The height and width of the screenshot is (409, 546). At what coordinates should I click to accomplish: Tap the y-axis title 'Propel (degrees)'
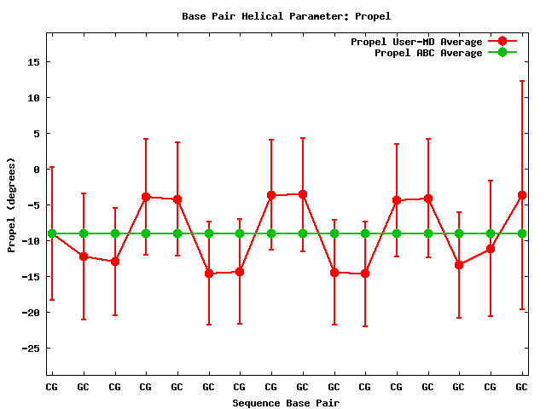[11, 204]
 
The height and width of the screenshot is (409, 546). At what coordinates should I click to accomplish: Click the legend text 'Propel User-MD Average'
[416, 42]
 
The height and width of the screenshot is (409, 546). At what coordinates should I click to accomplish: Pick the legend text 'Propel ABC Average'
[428, 53]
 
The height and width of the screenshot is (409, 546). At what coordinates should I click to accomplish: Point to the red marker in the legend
[502, 42]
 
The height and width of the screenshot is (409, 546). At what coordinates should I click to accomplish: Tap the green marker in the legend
[502, 53]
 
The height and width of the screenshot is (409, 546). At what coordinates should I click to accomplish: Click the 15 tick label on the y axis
[34, 62]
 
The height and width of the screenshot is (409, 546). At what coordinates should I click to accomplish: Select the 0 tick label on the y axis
[38, 170]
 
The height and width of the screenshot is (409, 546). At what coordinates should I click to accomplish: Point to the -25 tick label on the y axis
[32, 349]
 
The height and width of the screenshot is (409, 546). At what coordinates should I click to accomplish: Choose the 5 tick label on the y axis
[38, 134]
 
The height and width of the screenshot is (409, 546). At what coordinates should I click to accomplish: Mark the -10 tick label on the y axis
[32, 241]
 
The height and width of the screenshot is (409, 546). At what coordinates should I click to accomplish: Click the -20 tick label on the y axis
[32, 313]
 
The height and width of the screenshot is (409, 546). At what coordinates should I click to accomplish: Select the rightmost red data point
[521, 195]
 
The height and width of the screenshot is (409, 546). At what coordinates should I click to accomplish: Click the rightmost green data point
[521, 233]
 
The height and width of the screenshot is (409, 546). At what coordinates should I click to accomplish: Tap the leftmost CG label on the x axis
[52, 387]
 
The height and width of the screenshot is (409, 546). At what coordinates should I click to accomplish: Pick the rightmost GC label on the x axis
[521, 387]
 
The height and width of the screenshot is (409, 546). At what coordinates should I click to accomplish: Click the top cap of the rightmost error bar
[521, 81]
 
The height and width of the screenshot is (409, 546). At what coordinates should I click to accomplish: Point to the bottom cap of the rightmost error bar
[521, 309]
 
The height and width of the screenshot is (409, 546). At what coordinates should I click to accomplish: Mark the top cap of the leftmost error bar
[52, 167]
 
